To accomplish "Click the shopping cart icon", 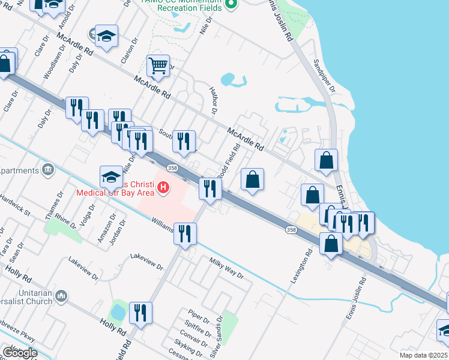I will click(158, 65).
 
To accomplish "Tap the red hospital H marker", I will click(162, 190).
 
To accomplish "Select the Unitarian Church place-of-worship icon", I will click(61, 296).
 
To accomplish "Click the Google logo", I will click(19, 353).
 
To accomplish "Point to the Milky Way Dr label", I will click(226, 268).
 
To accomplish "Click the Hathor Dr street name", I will click(212, 100).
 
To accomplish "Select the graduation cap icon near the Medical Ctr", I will click(111, 176).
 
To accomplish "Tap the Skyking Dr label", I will click(187, 346).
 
